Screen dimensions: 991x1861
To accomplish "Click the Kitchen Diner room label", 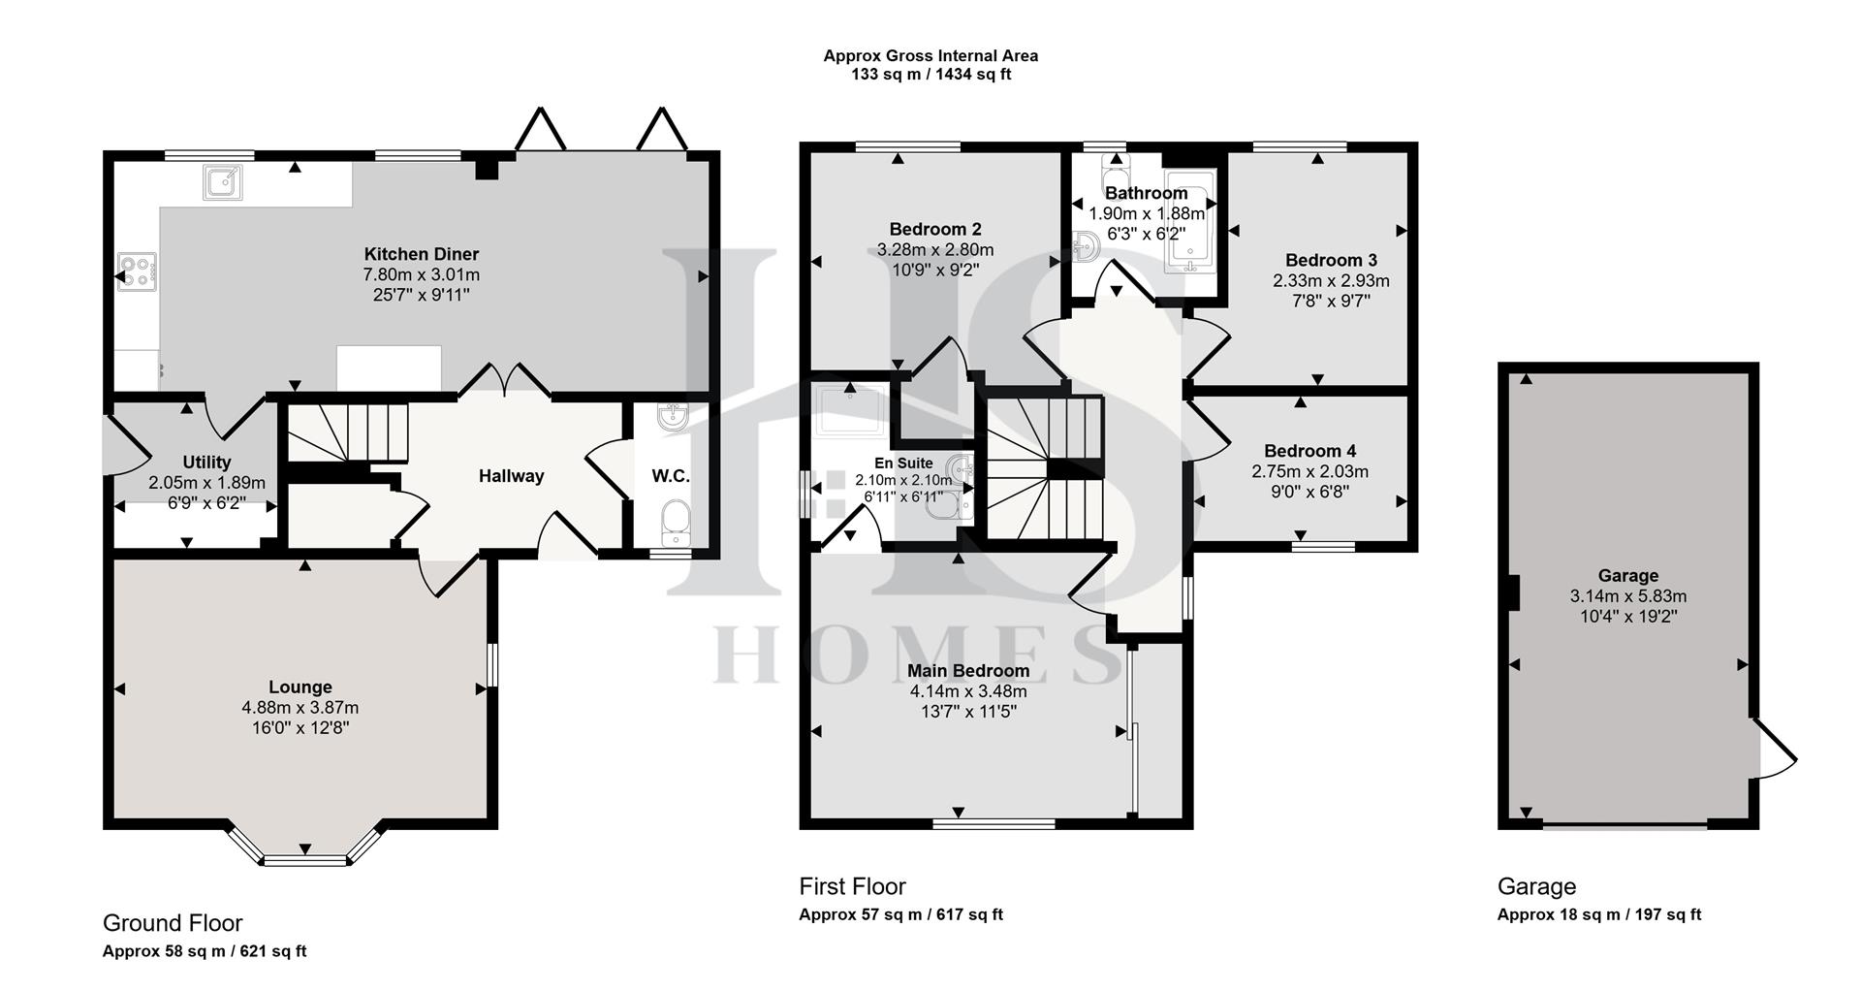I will pyautogui.click(x=421, y=254).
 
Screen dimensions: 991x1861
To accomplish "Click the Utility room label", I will pyautogui.click(x=206, y=463).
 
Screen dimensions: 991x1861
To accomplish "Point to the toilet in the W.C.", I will pyautogui.click(x=675, y=524).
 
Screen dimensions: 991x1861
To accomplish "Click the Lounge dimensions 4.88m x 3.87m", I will pyautogui.click(x=300, y=708).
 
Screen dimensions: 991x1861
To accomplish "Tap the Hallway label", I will pyautogui.click(x=511, y=476).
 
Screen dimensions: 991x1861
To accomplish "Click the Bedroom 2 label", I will pyautogui.click(x=934, y=229).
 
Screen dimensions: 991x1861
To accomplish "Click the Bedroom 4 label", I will pyautogui.click(x=1309, y=451).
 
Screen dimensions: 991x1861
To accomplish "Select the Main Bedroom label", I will pyautogui.click(x=967, y=671).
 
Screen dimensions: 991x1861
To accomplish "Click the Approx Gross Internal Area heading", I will pyautogui.click(x=930, y=56).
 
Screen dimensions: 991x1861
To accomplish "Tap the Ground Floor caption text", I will pyautogui.click(x=173, y=923).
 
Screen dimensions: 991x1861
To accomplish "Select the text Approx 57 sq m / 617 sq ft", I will pyautogui.click(x=899, y=914).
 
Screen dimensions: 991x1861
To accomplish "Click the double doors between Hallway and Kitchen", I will pyautogui.click(x=504, y=380).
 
